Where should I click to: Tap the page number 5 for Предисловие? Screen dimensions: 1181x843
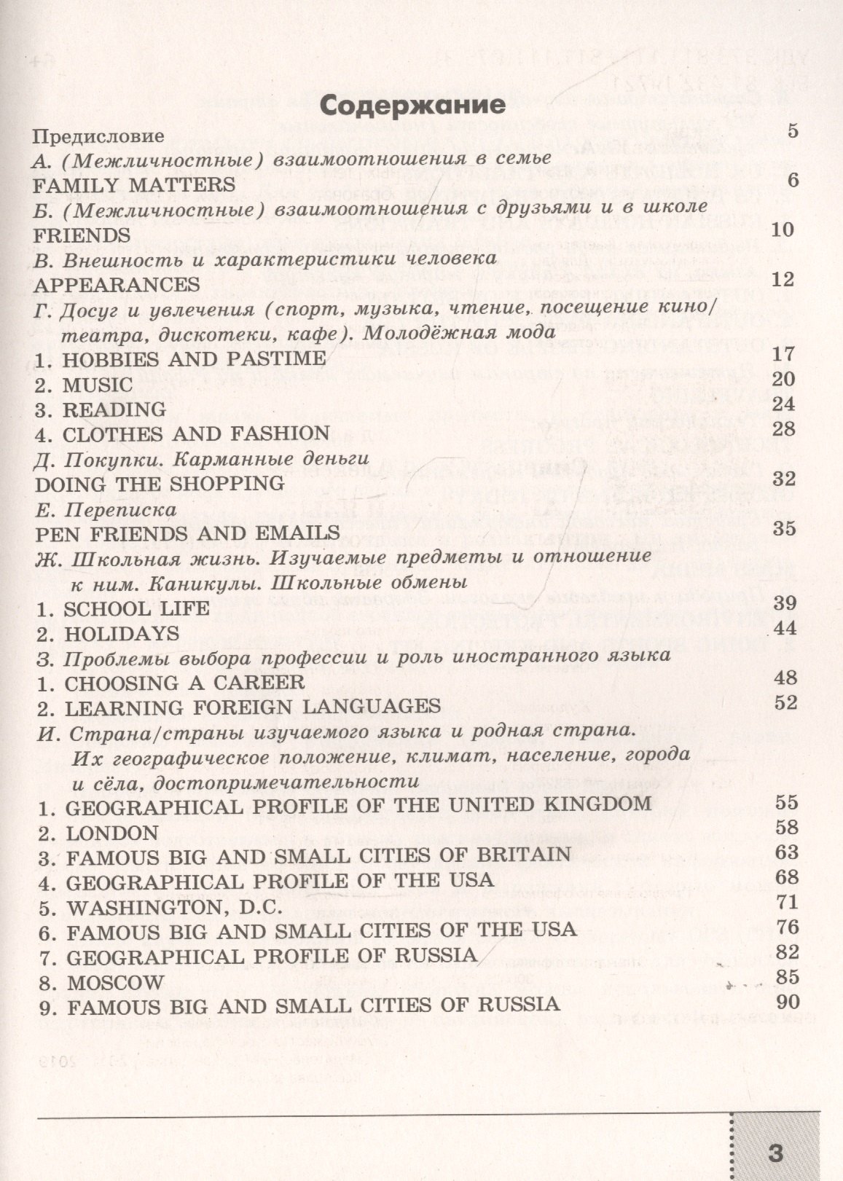point(793,131)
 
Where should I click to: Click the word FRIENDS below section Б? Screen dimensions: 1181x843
point(82,235)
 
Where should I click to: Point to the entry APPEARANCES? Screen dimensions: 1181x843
point(117,283)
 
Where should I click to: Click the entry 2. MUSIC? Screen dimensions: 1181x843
point(84,384)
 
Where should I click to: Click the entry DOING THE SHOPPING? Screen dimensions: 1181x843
point(160,483)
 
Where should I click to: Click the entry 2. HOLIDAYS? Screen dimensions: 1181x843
point(108,633)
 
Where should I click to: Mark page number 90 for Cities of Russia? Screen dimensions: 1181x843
point(788,1001)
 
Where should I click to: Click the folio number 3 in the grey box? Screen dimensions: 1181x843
point(775,1153)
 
